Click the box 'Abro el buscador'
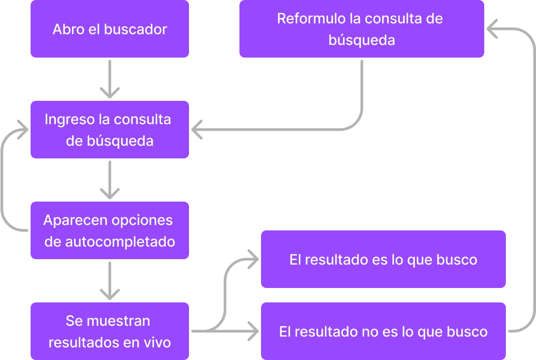(110, 29)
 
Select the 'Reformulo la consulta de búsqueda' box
(361, 29)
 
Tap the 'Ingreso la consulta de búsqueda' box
(110, 130)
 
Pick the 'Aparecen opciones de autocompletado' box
(110, 230)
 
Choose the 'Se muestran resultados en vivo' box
(110, 332)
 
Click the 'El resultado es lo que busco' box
(383, 260)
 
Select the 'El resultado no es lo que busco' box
(383, 332)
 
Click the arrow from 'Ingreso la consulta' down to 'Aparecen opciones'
(110, 180)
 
